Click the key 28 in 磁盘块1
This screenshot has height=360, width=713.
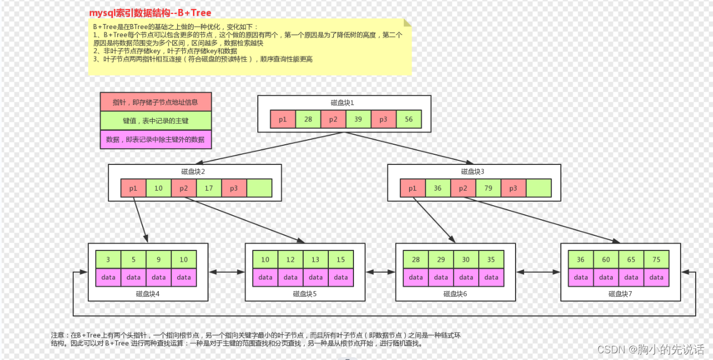pyautogui.click(x=308, y=120)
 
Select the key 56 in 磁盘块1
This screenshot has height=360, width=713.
pyautogui.click(x=409, y=120)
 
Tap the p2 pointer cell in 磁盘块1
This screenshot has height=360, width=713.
pyautogui.click(x=333, y=120)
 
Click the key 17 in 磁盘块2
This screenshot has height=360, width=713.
pyautogui.click(x=209, y=188)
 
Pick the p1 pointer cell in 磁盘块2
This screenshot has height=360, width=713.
pyautogui.click(x=134, y=188)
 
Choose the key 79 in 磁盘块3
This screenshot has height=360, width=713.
pyautogui.click(x=488, y=188)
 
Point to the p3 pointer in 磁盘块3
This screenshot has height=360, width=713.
pyautogui.click(x=513, y=188)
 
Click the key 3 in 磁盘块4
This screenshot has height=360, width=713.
pyautogui.click(x=108, y=259)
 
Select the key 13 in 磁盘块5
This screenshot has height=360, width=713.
pyautogui.click(x=315, y=259)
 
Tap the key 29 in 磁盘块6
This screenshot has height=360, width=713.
pyautogui.click(x=441, y=259)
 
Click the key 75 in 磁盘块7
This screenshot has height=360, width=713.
pyautogui.click(x=657, y=259)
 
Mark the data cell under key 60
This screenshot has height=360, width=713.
pyautogui.click(x=606, y=277)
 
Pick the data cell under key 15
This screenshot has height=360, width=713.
pyautogui.click(x=341, y=277)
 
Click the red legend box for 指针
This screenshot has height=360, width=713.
pyautogui.click(x=155, y=102)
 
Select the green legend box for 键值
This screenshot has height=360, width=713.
pyautogui.click(x=155, y=121)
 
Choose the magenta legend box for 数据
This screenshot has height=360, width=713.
pyautogui.click(x=155, y=140)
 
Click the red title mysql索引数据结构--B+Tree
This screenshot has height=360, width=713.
pyautogui.click(x=150, y=12)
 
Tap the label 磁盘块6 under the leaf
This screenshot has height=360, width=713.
pyautogui.click(x=454, y=293)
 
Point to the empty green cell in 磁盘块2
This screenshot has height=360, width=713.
pyautogui.click(x=259, y=188)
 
